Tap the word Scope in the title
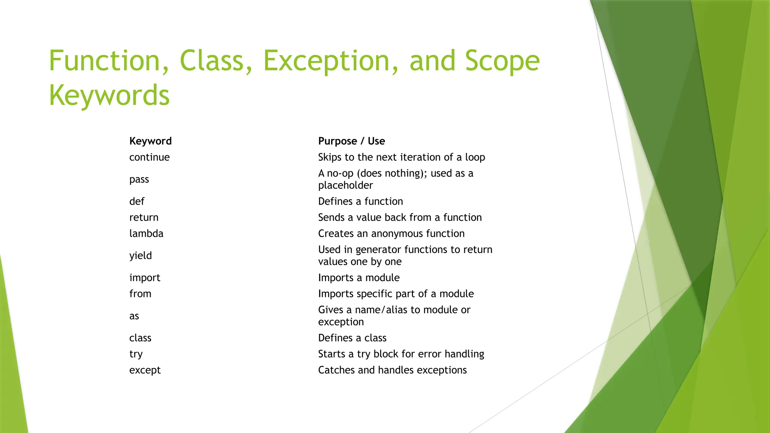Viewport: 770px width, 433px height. (502, 61)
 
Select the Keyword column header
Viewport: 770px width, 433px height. (150, 141)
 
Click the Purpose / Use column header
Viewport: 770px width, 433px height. (352, 141)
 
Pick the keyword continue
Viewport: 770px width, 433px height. (149, 157)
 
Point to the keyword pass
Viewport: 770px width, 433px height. (139, 179)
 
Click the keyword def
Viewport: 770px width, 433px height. (137, 201)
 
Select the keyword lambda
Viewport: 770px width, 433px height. (146, 233)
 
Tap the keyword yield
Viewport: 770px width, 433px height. (141, 256)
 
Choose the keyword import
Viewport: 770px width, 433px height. (145, 278)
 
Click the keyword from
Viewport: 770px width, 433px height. (140, 294)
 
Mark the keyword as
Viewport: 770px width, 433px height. (134, 316)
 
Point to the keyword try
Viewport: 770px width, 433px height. (136, 354)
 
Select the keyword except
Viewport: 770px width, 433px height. (145, 370)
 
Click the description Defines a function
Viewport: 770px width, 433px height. (360, 201)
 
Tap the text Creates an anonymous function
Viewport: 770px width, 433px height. (391, 233)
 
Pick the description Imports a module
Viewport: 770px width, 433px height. (359, 278)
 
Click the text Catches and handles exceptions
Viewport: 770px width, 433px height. (392, 370)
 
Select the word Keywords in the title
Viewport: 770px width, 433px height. (109, 95)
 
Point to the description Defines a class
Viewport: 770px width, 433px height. (352, 338)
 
